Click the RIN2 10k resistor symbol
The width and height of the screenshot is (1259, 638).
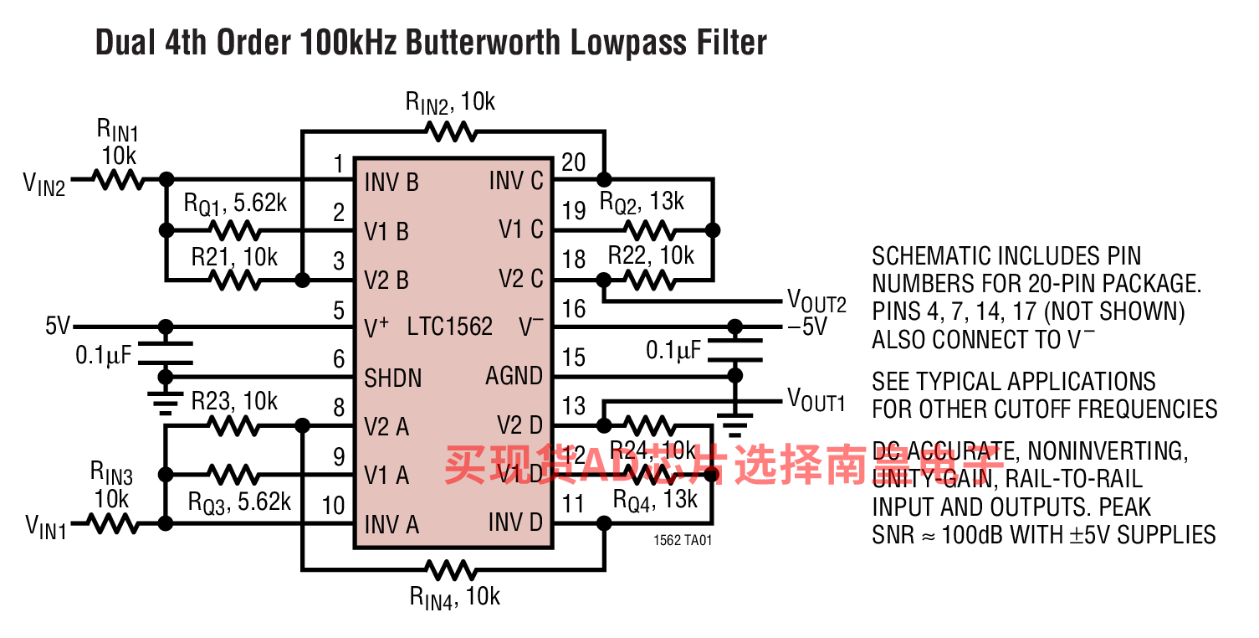tap(451, 131)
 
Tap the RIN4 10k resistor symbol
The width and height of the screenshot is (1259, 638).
tap(451, 570)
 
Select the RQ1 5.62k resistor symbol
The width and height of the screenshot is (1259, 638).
tap(235, 229)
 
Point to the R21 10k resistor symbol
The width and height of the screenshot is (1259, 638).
tap(235, 279)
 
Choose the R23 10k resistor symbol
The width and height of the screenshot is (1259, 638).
tap(235, 426)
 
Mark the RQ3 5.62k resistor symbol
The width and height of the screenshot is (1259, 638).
tap(235, 475)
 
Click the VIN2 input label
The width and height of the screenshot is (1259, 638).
tap(44, 183)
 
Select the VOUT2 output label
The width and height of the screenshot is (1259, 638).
tap(816, 301)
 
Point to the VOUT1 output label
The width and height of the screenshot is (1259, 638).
tap(816, 400)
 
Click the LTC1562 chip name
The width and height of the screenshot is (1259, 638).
tap(450, 327)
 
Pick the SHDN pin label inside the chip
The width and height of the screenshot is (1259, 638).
tap(394, 378)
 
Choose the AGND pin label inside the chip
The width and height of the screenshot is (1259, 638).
tap(514, 376)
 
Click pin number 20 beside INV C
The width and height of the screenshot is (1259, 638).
tap(573, 162)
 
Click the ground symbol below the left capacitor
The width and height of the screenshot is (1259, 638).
tap(166, 404)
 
